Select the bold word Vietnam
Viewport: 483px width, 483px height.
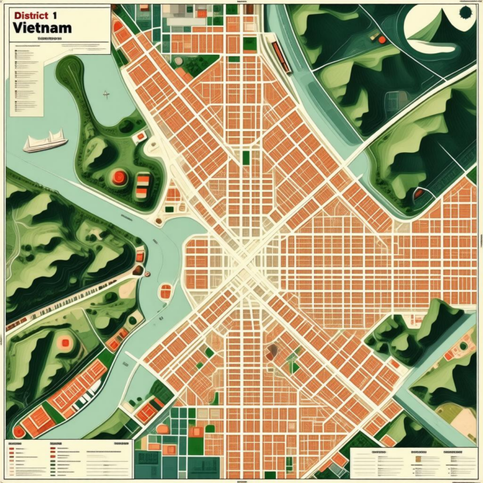coord(42,28)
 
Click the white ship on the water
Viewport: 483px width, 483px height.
coord(45,141)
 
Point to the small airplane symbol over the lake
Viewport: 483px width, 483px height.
coord(106,94)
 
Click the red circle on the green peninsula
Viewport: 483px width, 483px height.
coord(117,176)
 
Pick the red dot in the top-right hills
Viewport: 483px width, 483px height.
coord(381,38)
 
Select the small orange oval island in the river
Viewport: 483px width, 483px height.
coord(165,293)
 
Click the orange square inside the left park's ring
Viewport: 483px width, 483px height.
coord(66,342)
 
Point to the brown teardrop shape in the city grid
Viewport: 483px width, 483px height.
coord(273,352)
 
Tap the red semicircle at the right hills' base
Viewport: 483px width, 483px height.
coord(419,194)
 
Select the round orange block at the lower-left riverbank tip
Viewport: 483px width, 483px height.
coord(19,432)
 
